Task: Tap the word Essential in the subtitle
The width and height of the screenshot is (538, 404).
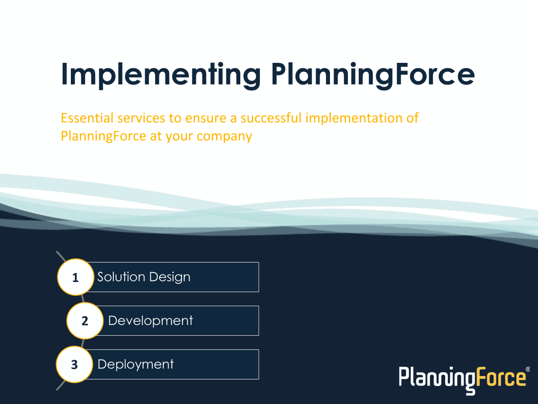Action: tap(87, 118)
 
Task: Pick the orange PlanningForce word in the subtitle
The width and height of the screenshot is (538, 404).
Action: tap(104, 136)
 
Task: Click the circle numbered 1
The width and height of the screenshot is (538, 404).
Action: tap(75, 277)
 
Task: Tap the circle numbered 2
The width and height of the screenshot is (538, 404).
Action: tap(85, 321)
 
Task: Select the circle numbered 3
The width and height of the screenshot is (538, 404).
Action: tap(74, 364)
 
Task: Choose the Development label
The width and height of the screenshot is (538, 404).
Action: tap(150, 321)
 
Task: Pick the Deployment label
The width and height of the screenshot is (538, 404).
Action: tap(135, 364)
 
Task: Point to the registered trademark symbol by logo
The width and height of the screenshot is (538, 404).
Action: tap(527, 369)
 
